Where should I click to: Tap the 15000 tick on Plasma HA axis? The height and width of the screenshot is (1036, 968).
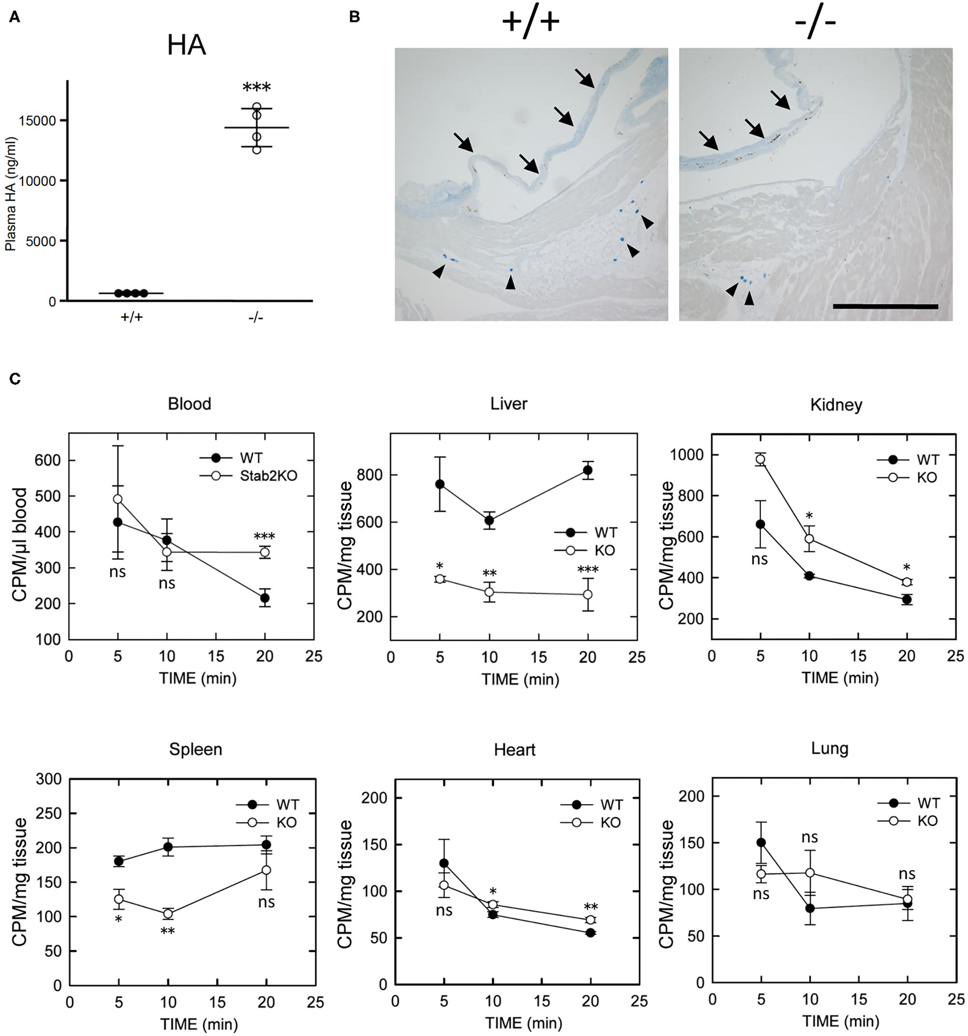(x=42, y=121)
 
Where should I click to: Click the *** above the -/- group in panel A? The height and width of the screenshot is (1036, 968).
(x=256, y=87)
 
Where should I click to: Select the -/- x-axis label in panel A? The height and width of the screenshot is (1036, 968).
(x=255, y=318)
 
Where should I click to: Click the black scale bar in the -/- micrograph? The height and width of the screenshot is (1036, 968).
(x=885, y=307)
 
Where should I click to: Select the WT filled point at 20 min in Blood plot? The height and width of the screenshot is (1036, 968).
(x=265, y=598)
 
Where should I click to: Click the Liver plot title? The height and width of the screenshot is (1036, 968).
(x=509, y=404)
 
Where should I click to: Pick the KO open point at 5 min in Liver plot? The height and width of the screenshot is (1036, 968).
(x=440, y=579)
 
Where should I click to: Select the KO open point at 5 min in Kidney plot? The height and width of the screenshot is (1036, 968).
(x=760, y=459)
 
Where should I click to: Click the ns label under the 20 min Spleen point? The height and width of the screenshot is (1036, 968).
(x=266, y=902)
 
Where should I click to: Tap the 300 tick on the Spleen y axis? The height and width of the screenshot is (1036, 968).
(x=49, y=779)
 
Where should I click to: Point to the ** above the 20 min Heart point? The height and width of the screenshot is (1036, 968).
(x=591, y=907)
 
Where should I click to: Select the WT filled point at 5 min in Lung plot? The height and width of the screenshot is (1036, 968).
(x=760, y=842)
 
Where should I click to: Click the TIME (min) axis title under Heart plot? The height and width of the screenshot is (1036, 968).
(x=523, y=1022)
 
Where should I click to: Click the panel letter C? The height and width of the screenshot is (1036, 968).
(x=15, y=379)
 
